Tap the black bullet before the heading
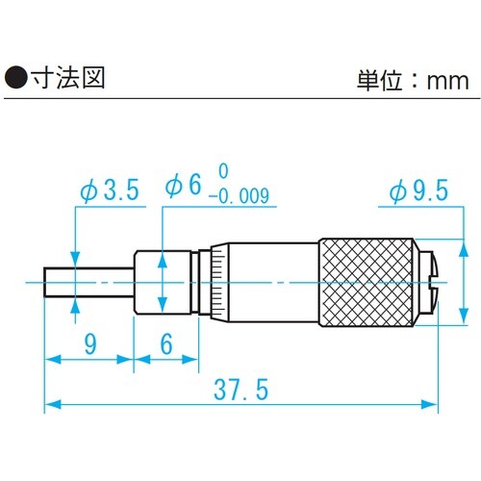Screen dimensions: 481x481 click(x=16, y=78)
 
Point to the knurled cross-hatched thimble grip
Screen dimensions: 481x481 click(x=366, y=282)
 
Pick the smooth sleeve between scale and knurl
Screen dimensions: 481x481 click(x=274, y=282)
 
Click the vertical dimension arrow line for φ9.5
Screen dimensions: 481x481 click(x=465, y=279)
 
